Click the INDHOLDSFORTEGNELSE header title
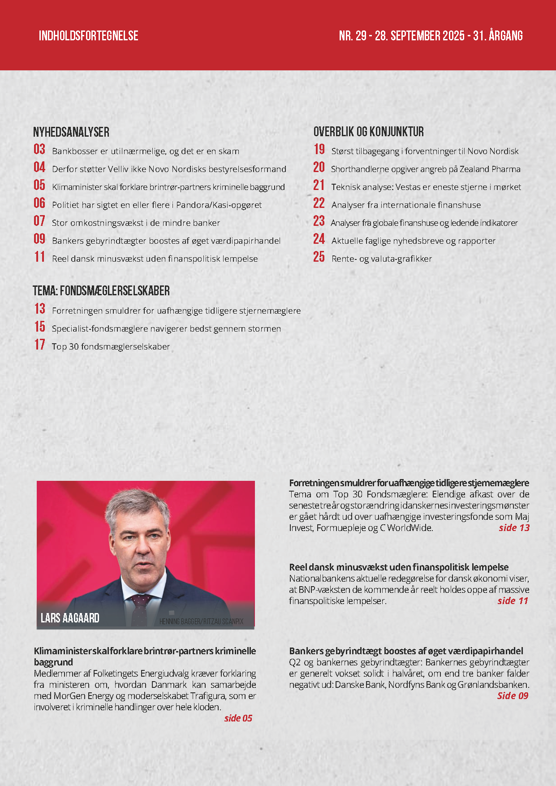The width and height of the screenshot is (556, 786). click(x=88, y=36)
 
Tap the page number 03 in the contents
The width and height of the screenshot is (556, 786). click(x=39, y=149)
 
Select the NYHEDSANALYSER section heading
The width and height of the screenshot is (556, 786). click(x=71, y=132)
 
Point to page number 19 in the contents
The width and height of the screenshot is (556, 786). click(x=319, y=149)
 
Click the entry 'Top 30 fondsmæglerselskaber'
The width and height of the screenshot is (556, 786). click(x=111, y=346)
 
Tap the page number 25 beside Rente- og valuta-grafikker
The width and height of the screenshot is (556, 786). click(x=319, y=257)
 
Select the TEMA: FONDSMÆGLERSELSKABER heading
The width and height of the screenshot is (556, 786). click(x=101, y=291)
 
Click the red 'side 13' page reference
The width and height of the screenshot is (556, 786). click(x=514, y=528)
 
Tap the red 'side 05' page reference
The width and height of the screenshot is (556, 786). click(x=238, y=718)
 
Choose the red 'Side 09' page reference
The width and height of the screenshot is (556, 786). click(x=513, y=696)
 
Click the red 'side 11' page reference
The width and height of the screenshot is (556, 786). click(x=513, y=601)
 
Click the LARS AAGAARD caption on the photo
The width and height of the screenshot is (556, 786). click(x=70, y=618)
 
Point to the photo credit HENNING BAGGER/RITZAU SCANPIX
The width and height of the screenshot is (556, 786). click(x=201, y=622)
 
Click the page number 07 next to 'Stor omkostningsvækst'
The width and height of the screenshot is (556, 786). click(x=39, y=221)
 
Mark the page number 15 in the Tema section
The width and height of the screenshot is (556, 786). click(x=40, y=327)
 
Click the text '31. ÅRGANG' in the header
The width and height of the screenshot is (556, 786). click(x=498, y=36)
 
